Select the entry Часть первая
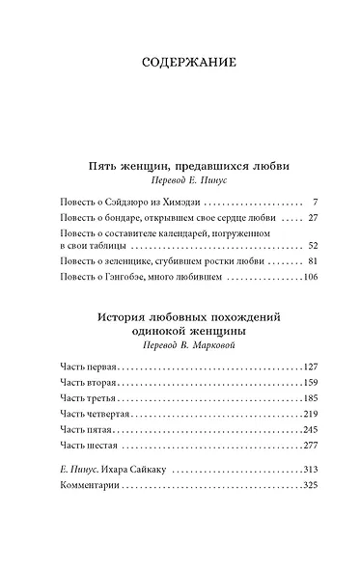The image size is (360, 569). tap(87, 367)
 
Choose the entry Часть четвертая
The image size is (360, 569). tap(93, 414)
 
